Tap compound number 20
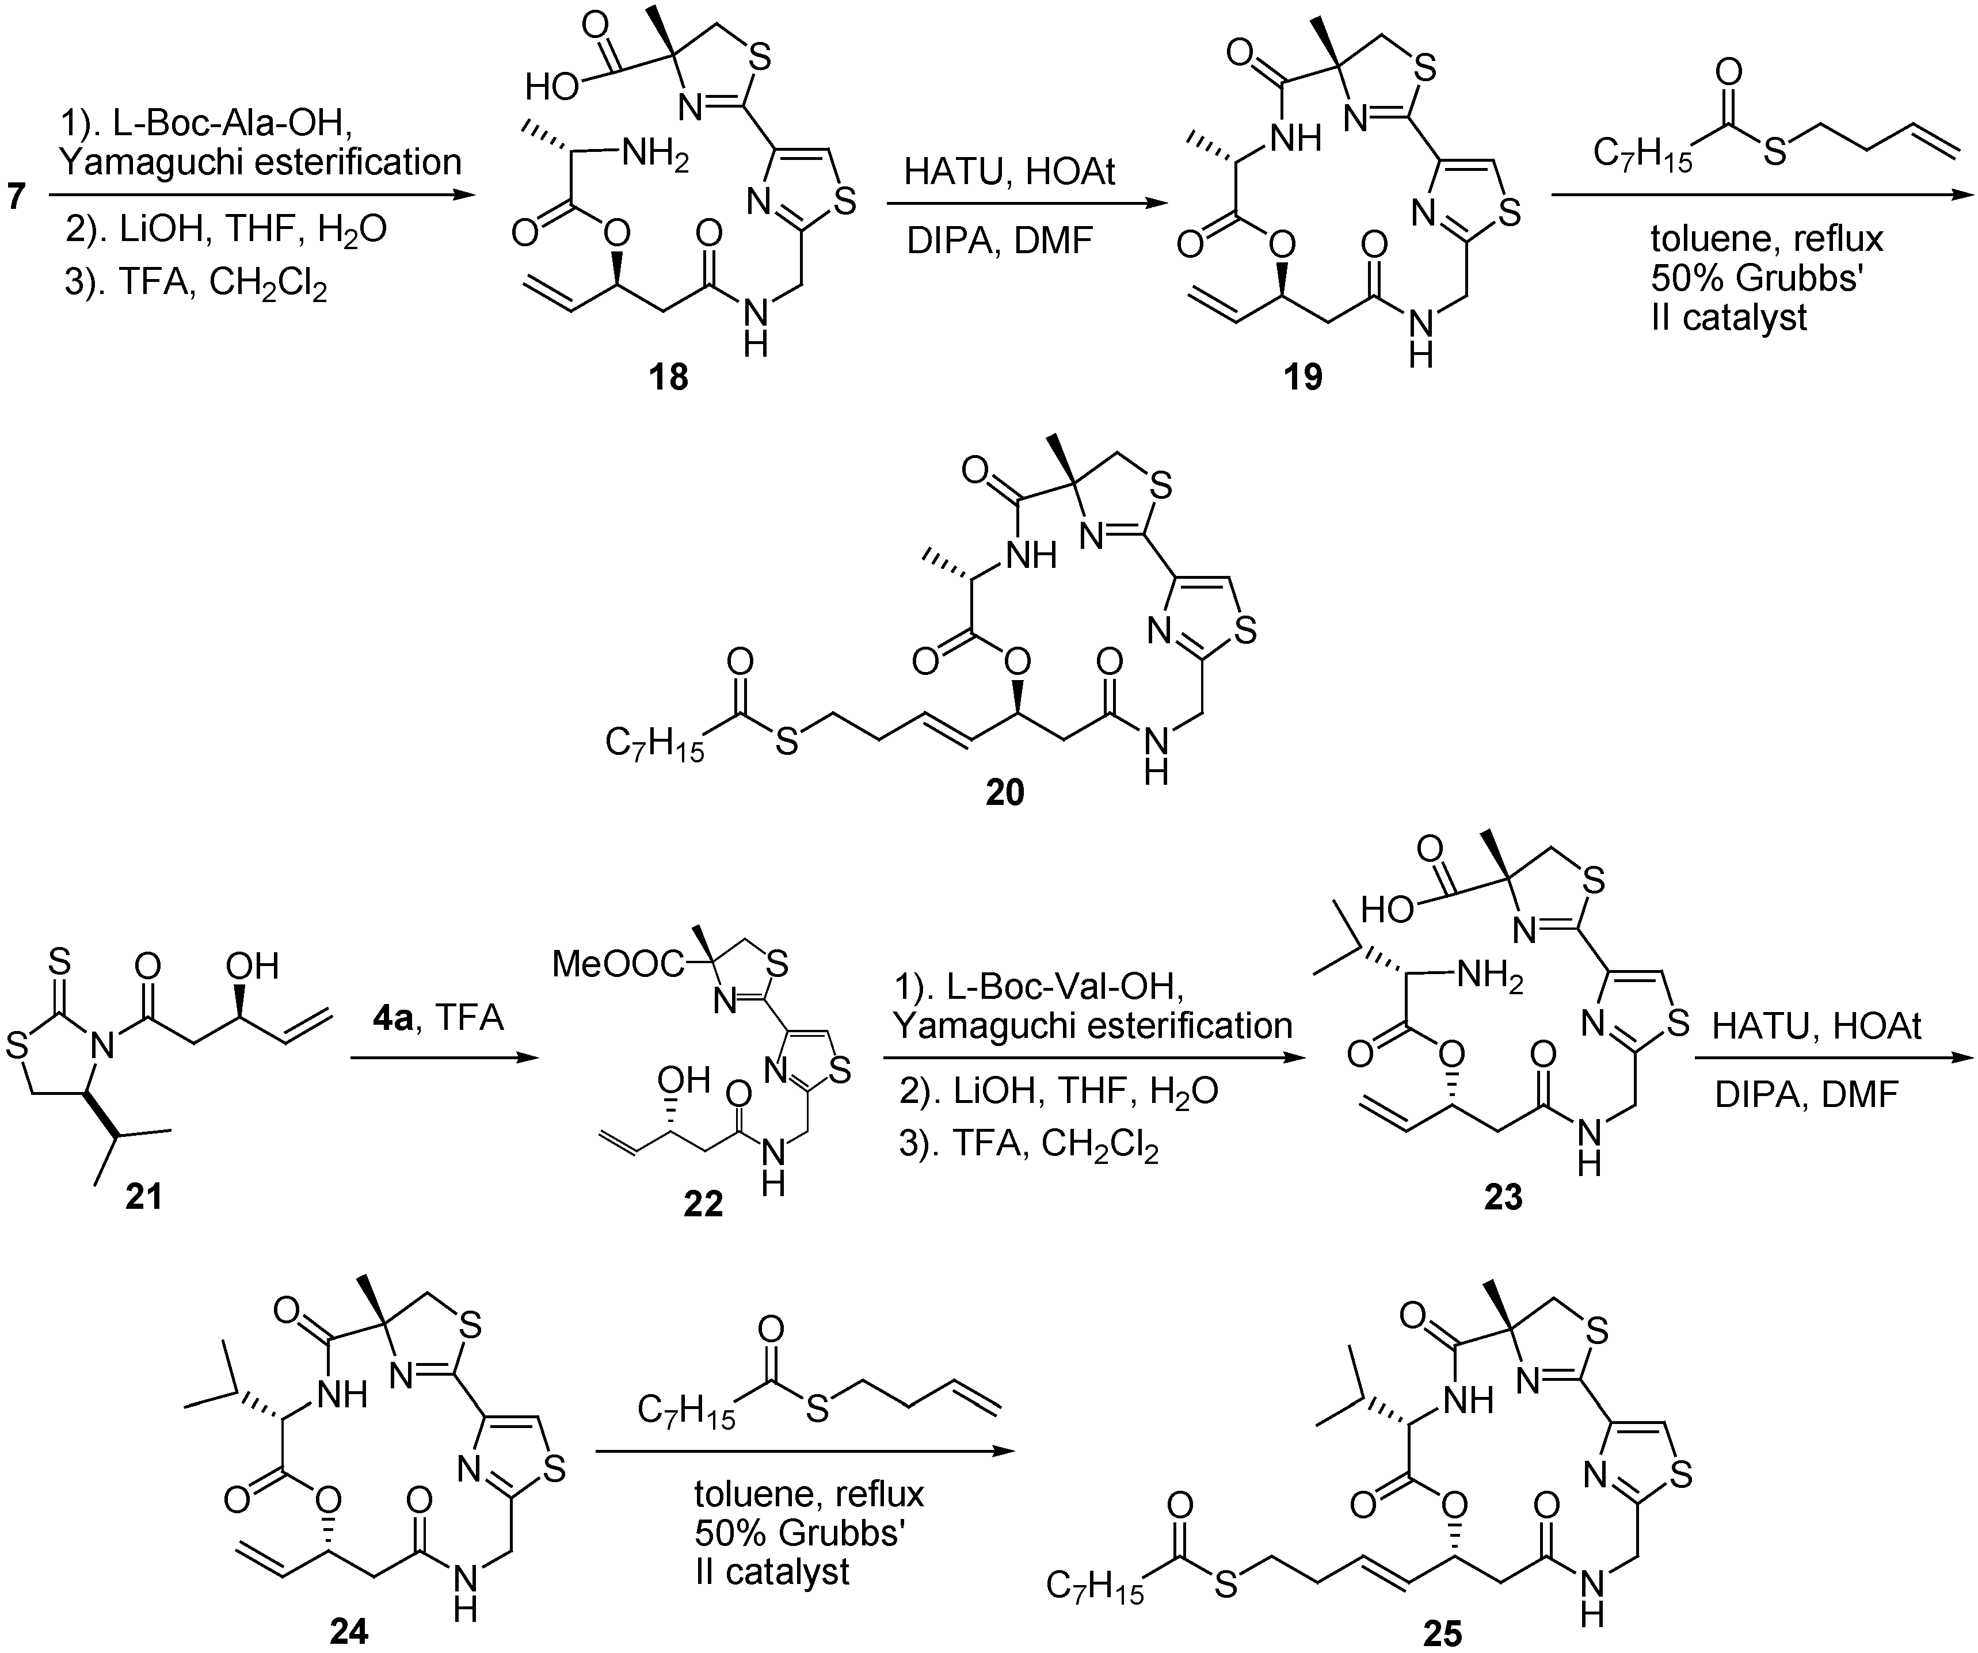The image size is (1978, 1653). [x=1004, y=792]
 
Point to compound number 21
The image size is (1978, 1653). [x=143, y=1196]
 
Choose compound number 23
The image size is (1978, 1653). [x=1503, y=1197]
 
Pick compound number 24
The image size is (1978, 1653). [x=349, y=1631]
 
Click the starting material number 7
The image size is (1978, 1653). [x=17, y=198]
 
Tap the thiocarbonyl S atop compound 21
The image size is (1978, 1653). [x=58, y=963]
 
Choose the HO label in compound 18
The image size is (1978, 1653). [x=552, y=87]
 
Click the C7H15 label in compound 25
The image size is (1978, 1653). [x=1095, y=1588]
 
